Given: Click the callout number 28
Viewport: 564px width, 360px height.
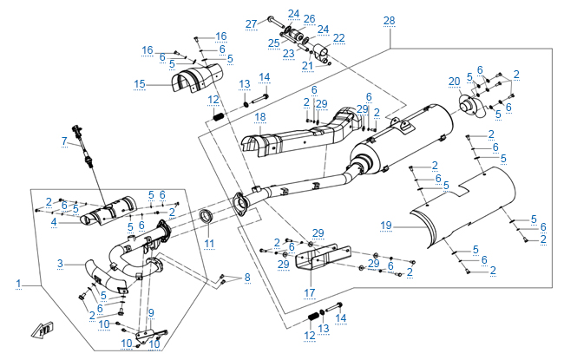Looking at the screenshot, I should point(388,20).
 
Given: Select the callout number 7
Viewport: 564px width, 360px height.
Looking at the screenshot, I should point(63,141).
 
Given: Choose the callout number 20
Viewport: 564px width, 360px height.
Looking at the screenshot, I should point(453,82).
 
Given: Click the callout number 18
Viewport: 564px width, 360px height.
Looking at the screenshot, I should point(259,117).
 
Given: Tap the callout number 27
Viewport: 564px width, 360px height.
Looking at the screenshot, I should point(251,23).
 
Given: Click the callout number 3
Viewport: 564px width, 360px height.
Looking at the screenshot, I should point(60,263).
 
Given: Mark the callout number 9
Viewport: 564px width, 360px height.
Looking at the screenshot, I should point(150,312).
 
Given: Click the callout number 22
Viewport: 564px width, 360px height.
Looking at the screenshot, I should point(338,37).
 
